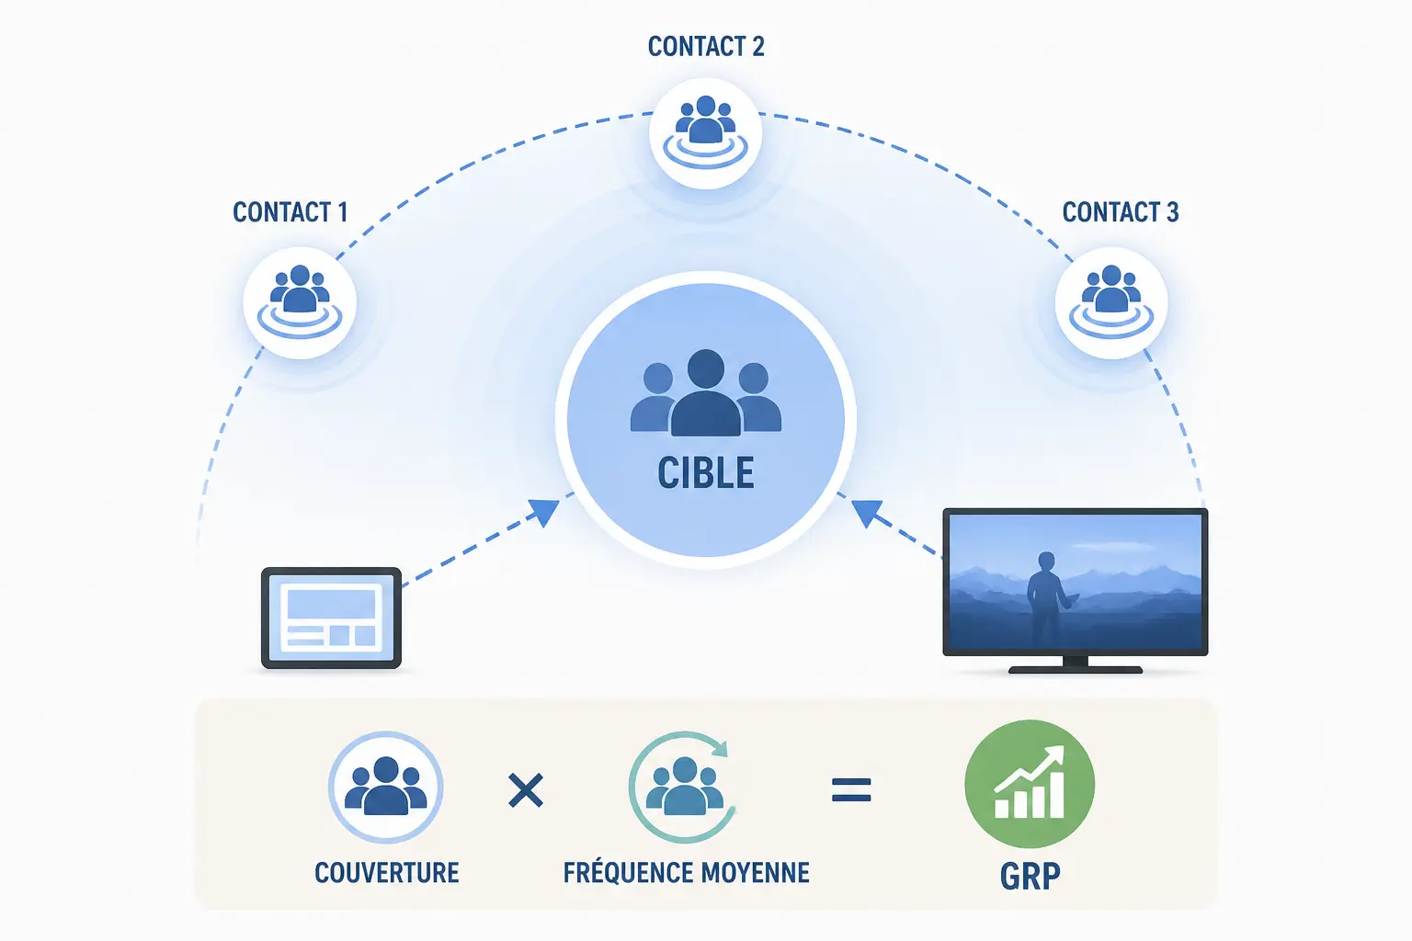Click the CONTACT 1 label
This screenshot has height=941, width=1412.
coord(290,211)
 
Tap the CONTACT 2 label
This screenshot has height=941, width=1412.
coord(706,46)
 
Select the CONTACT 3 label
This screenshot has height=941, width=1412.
coord(1121,211)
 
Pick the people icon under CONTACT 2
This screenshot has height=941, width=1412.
coord(705,132)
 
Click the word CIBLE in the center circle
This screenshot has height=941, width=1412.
coord(706,472)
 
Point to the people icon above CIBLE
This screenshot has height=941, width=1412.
coord(706,392)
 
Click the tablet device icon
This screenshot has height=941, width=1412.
coord(332,618)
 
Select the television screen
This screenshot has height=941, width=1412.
coord(1076,582)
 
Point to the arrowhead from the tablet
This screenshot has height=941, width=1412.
coord(544,511)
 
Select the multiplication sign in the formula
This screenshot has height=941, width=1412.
coord(526,790)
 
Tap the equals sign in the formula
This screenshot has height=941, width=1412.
coord(851,789)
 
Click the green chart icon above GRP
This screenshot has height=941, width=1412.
coord(1030,784)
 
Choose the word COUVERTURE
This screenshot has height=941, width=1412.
coord(386,873)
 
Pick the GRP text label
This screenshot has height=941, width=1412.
coord(1030,876)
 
